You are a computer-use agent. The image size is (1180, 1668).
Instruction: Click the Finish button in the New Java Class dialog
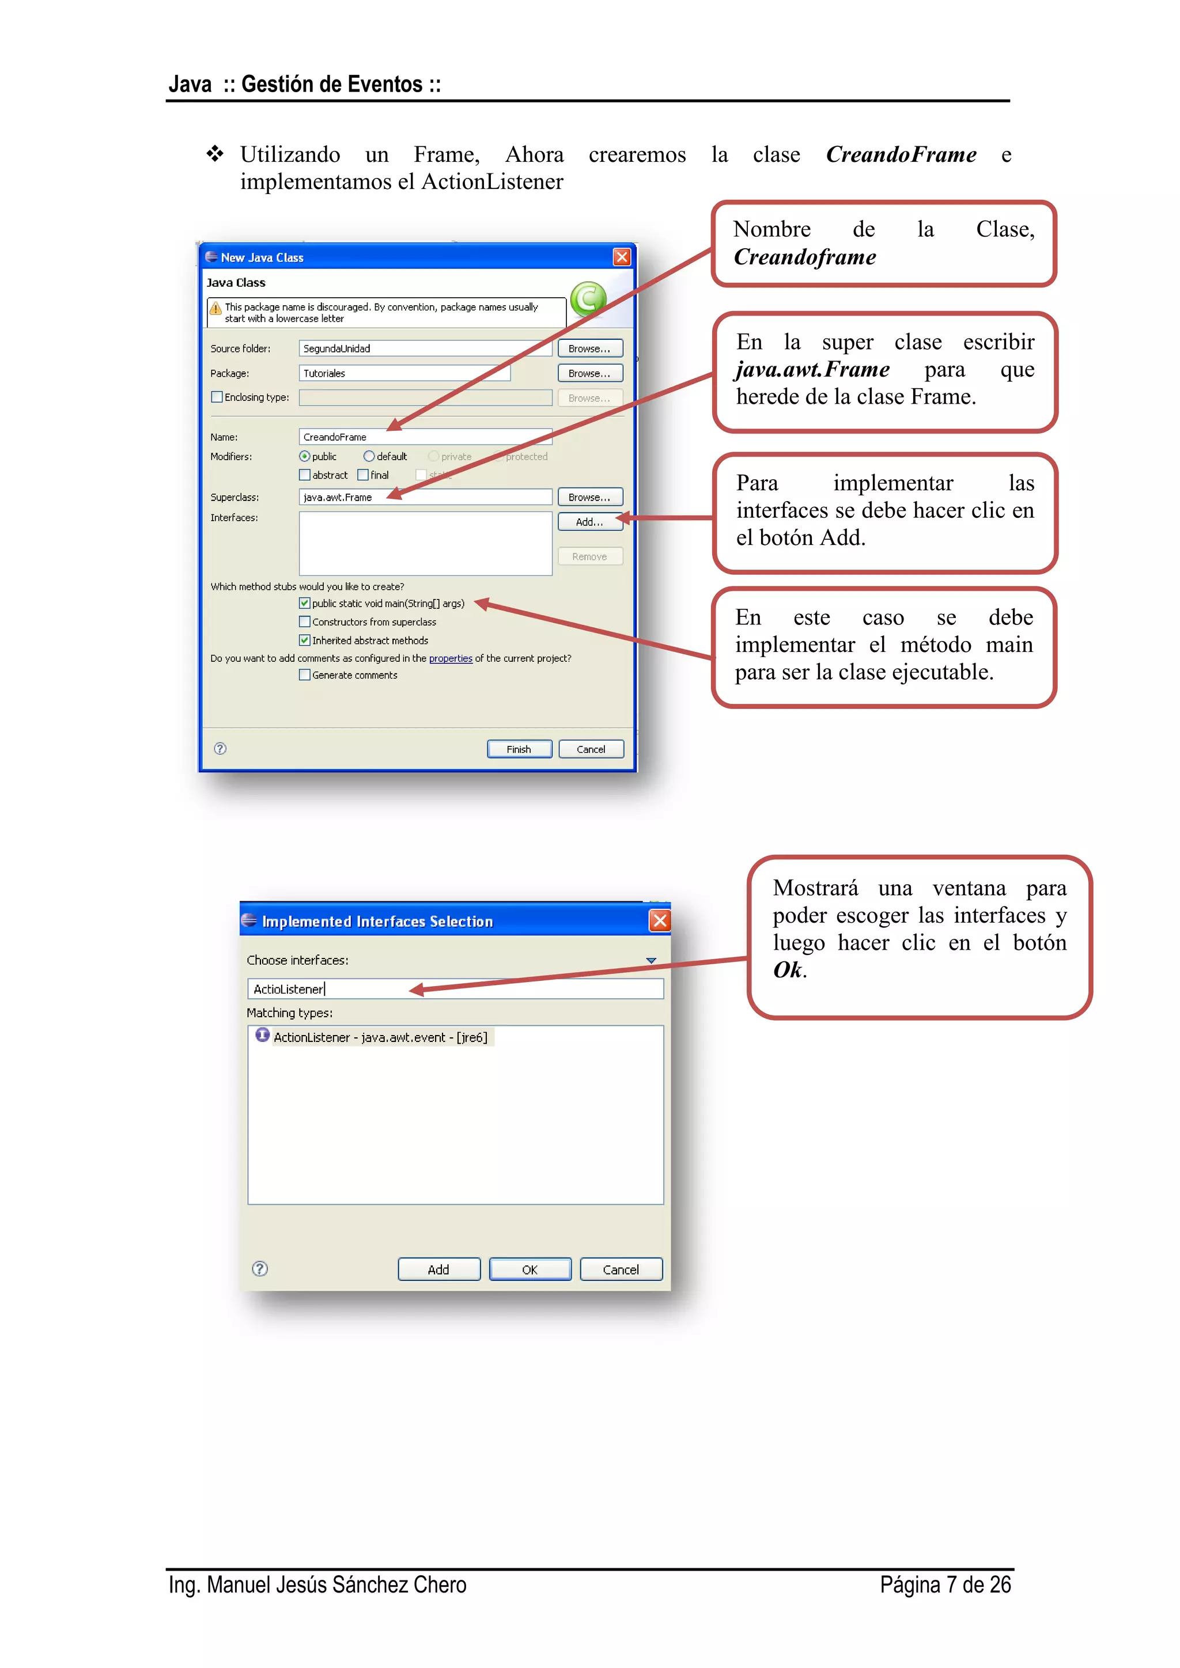click(519, 749)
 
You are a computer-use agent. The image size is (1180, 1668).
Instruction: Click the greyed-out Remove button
click(589, 556)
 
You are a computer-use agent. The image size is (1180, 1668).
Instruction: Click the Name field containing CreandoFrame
click(425, 437)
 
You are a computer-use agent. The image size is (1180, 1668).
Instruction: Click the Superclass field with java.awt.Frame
click(425, 497)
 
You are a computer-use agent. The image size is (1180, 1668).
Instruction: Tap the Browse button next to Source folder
click(589, 348)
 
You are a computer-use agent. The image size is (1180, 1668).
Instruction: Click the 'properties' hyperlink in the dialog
click(451, 658)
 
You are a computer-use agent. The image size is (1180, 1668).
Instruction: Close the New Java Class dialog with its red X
click(622, 257)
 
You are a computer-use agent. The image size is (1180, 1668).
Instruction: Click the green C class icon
click(588, 298)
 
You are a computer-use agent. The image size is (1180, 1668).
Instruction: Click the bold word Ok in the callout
click(788, 970)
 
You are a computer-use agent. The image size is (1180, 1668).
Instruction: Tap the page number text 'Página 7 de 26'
click(944, 1584)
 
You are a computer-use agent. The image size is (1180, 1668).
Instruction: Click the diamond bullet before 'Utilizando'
click(214, 154)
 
